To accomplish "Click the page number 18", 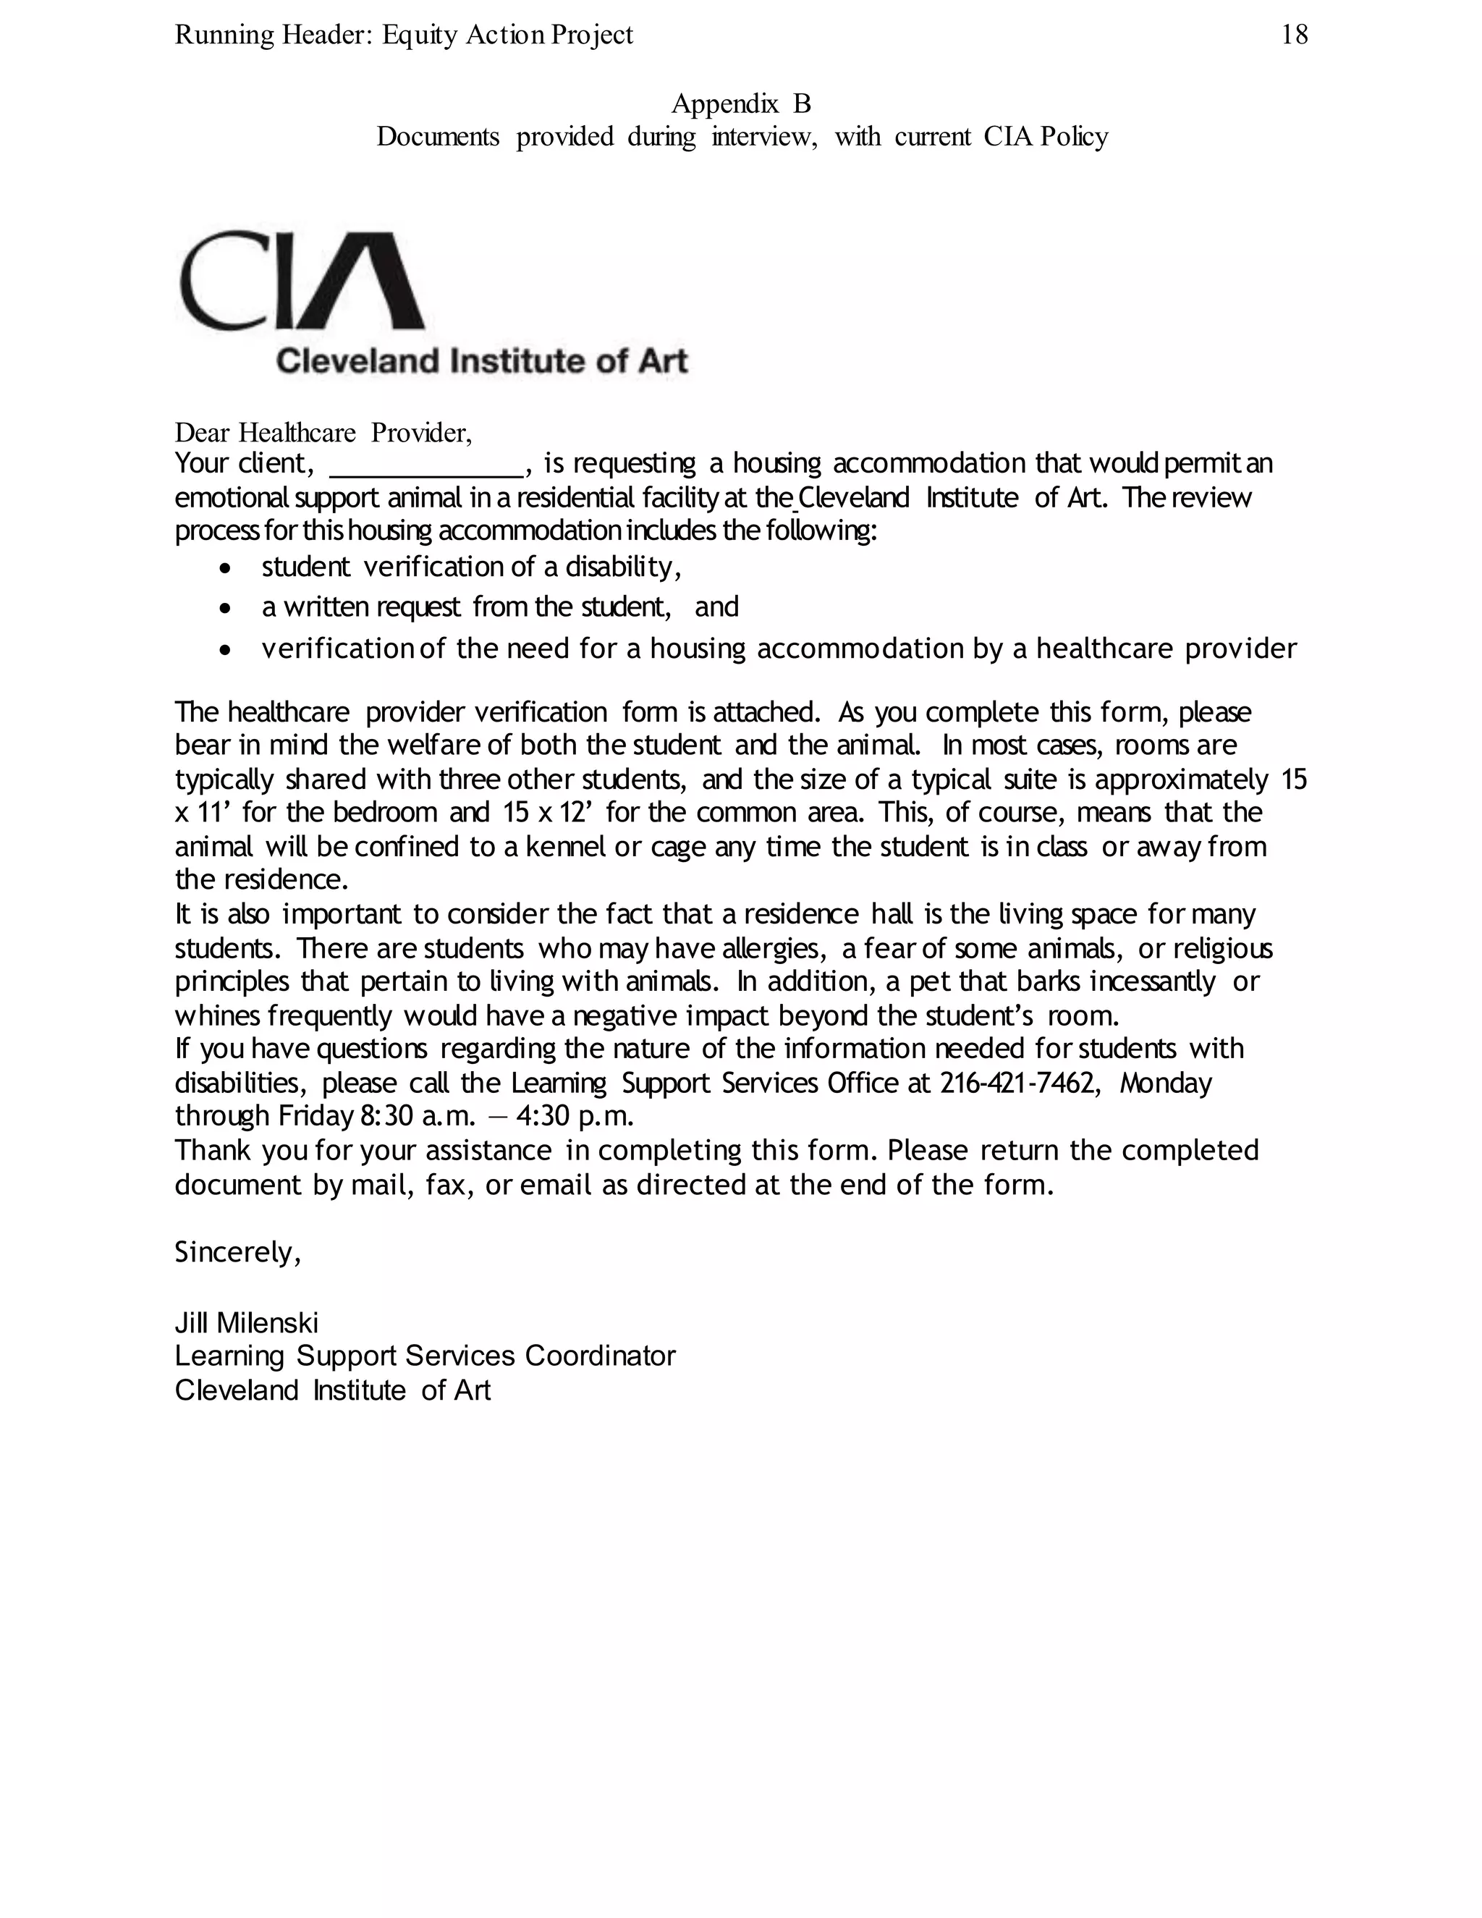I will point(1294,35).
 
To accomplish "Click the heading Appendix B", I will point(741,103).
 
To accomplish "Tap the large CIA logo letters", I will point(302,281).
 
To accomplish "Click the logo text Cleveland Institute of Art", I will point(481,361).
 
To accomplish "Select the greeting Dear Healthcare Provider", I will point(323,432).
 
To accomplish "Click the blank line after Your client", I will point(427,465).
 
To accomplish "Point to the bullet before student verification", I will point(226,568).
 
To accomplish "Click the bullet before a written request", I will point(226,608).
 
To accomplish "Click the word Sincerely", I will point(238,1252).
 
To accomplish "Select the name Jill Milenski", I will point(247,1322).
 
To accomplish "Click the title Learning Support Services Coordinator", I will point(425,1356).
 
